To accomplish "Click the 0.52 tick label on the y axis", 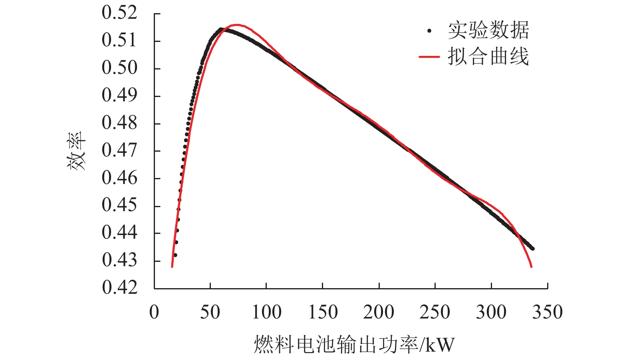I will pos(119,13).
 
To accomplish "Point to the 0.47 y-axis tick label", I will pos(119,150).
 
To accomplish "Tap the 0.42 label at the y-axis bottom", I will pos(119,287).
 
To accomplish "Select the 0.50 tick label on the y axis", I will pos(119,68).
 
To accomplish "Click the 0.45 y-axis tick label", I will pos(119,205).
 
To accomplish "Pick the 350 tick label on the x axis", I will pos(547,312).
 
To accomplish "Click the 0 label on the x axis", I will pos(154,312).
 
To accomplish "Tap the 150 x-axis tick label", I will pos(323,312).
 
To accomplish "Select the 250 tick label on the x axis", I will pos(435,312).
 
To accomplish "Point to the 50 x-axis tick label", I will pos(210,312).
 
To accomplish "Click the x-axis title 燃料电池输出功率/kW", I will pos(354,344).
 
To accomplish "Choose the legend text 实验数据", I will pos(488,30).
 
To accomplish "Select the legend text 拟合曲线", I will pos(488,57).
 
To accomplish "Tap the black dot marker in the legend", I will pos(429,31).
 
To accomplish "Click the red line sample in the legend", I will pos(429,57).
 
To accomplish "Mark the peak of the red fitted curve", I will pos(237,25).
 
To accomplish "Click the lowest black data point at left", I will pos(175,255).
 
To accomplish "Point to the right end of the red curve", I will pos(531,267).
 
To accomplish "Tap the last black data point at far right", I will pos(533,249).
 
